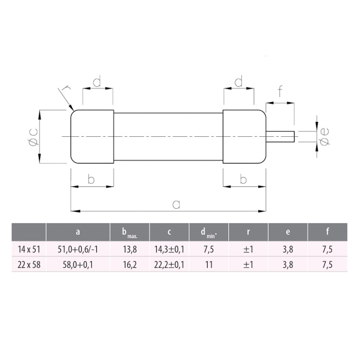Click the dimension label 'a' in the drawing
click(x=176, y=204)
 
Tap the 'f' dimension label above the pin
click(x=280, y=91)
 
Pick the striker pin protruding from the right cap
click(x=280, y=137)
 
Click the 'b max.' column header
click(x=130, y=233)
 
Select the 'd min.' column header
click(x=209, y=233)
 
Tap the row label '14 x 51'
click(x=29, y=249)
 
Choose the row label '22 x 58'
click(x=29, y=265)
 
